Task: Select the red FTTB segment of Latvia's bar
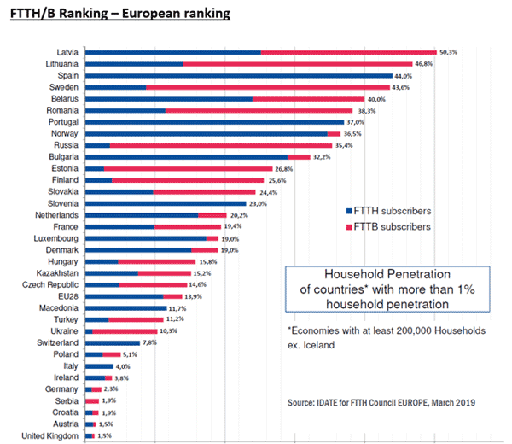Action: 348,52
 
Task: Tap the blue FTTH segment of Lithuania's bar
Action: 134,64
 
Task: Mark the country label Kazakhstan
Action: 59,273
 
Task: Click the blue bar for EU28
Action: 124,296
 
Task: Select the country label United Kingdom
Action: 50,435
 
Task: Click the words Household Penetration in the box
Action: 386,275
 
